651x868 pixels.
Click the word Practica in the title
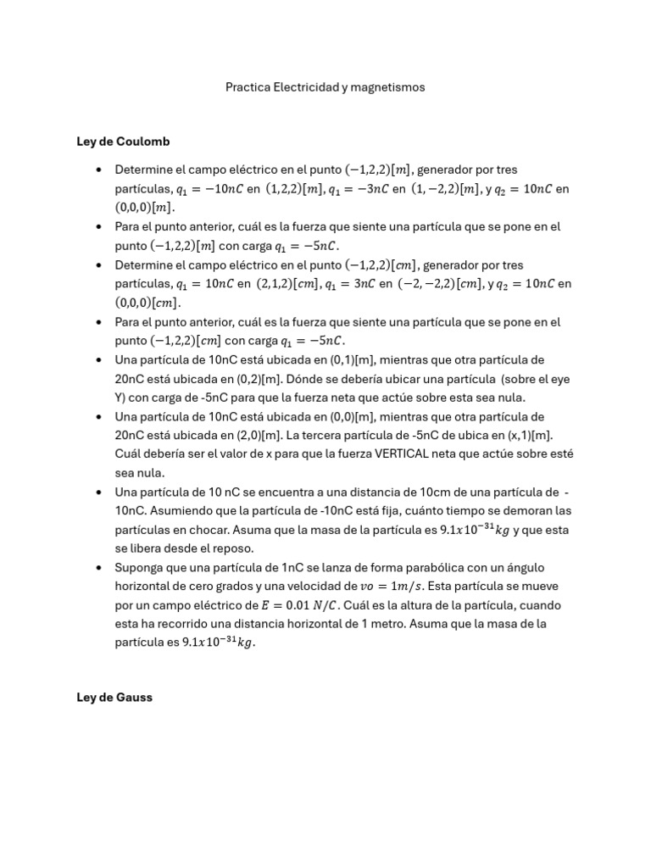point(247,87)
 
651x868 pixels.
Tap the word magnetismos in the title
point(387,87)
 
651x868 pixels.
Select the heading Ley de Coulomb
point(123,141)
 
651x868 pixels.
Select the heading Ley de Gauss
point(114,698)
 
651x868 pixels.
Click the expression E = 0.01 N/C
point(311,605)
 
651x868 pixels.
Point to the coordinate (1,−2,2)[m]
point(446,189)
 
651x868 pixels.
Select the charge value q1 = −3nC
point(358,189)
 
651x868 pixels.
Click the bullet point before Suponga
point(100,567)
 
